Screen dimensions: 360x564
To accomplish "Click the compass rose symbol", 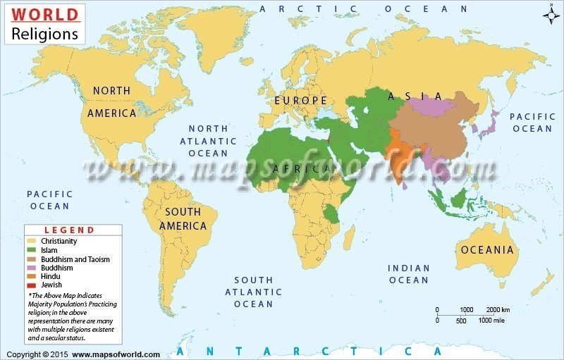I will [x=551, y=15].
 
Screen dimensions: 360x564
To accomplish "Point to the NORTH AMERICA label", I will [x=111, y=101].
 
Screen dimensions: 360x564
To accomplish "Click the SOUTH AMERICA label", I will [x=183, y=218].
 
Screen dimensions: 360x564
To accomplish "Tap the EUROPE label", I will [x=301, y=101].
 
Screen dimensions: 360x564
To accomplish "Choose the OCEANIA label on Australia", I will [x=487, y=249].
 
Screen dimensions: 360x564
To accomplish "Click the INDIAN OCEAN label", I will [x=409, y=274].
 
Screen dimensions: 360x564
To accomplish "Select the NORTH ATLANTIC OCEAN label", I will [x=208, y=141].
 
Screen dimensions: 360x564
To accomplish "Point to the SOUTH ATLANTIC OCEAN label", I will [x=254, y=292].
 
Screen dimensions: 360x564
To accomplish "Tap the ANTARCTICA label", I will [x=310, y=351].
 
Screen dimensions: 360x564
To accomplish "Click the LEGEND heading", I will [x=69, y=230].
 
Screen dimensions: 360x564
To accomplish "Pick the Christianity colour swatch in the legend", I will [x=32, y=241].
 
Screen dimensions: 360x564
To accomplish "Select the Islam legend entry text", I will [x=49, y=250].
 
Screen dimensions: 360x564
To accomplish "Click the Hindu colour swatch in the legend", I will [x=32, y=277].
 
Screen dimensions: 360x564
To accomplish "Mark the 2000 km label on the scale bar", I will [x=498, y=310].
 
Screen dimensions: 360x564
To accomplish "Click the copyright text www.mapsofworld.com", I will [x=116, y=354].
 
